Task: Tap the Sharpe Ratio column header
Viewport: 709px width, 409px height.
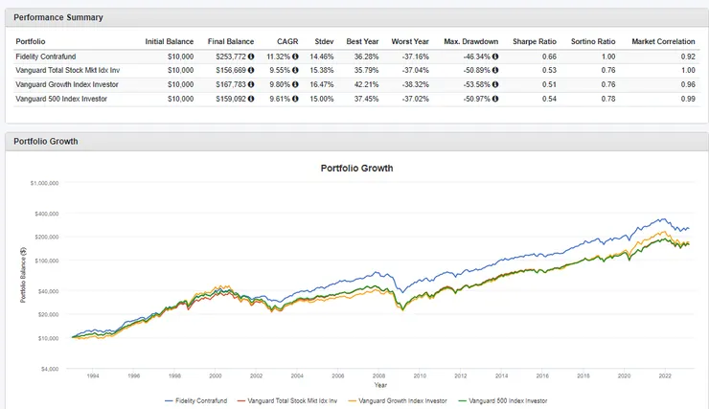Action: (x=536, y=41)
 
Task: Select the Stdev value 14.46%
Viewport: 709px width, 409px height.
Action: (x=322, y=57)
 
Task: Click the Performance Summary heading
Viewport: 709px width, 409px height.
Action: (x=58, y=17)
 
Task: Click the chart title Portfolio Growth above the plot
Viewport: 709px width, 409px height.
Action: (x=355, y=169)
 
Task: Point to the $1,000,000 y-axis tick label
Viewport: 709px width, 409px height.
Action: (x=44, y=183)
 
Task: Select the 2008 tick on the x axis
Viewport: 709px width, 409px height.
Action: (x=379, y=375)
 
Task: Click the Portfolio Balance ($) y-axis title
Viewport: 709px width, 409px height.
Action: (x=23, y=276)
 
